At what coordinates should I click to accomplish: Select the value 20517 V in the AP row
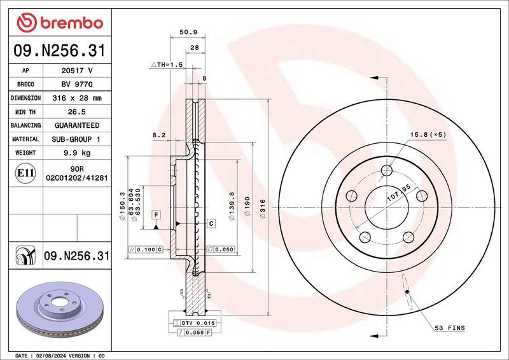click(76, 71)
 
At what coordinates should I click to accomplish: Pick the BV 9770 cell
click(76, 85)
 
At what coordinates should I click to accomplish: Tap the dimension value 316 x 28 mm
click(76, 99)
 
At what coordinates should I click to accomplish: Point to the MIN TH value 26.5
click(76, 112)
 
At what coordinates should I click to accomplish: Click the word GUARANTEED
click(76, 126)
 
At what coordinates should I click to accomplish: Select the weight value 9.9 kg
click(76, 153)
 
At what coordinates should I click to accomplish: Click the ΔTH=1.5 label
click(167, 66)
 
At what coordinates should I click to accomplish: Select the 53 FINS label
click(449, 328)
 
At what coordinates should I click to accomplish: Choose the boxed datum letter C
click(211, 223)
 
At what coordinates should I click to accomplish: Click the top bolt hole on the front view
click(387, 170)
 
